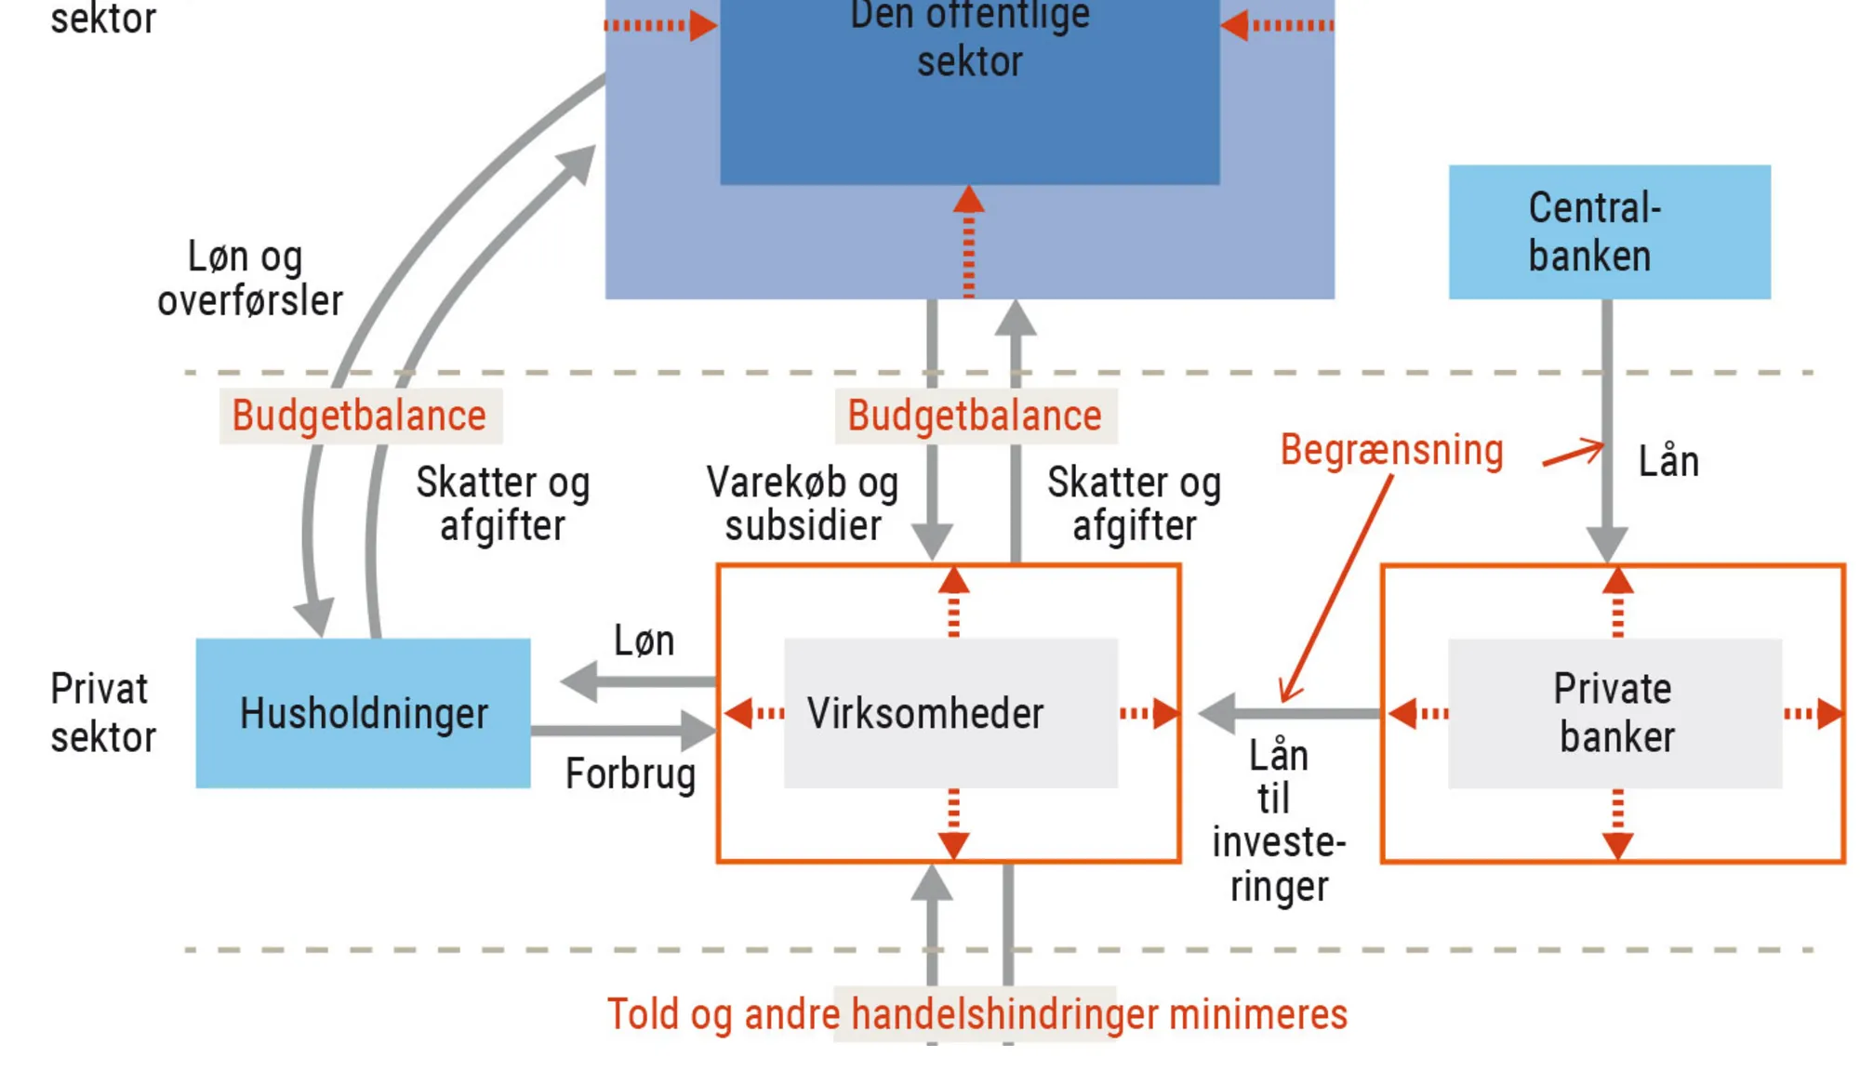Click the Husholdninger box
coord(363,713)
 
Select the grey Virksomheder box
coord(950,713)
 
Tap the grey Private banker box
coord(1614,713)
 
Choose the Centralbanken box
coord(1609,231)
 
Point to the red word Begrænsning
coord(1391,451)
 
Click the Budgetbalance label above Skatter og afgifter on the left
coord(360,416)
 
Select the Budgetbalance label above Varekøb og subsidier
coord(975,416)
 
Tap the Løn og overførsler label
coord(249,279)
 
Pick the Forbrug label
coord(631,774)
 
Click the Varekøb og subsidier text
coord(803,504)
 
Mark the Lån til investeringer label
coord(1279,820)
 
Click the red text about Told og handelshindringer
coord(976,1014)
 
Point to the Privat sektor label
coord(102,713)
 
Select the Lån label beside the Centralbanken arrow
coord(1668,462)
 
